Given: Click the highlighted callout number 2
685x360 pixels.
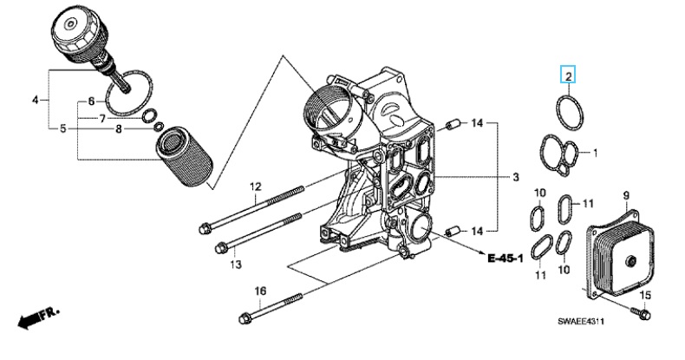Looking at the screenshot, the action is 568,77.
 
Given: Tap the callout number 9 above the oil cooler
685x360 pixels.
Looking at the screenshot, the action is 625,195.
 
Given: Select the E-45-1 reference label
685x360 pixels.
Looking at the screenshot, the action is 506,259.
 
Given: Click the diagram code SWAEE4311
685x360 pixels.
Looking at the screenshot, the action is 581,322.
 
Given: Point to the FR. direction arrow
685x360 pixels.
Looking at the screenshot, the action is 37,317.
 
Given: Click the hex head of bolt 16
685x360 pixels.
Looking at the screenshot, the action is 245,318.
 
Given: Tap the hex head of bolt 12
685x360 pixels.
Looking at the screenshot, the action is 205,228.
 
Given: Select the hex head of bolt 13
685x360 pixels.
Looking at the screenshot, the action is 220,248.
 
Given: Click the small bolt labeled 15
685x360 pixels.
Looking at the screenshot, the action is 641,313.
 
